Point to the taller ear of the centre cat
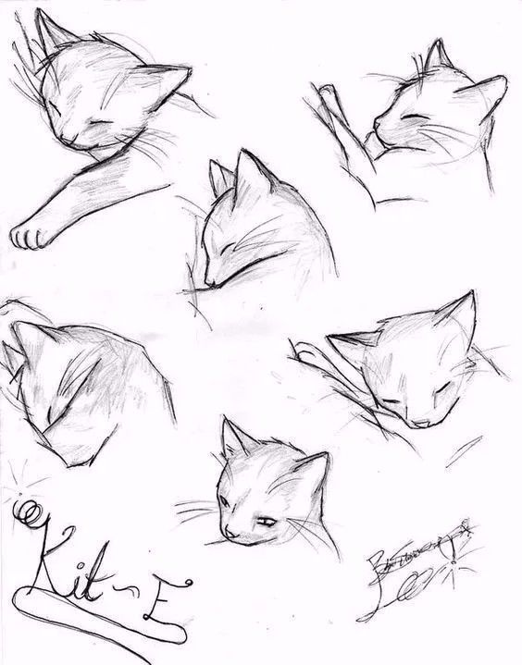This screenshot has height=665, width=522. click(248, 171)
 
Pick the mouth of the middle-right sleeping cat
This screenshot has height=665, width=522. click(421, 423)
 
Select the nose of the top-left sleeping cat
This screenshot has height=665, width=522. click(68, 140)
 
